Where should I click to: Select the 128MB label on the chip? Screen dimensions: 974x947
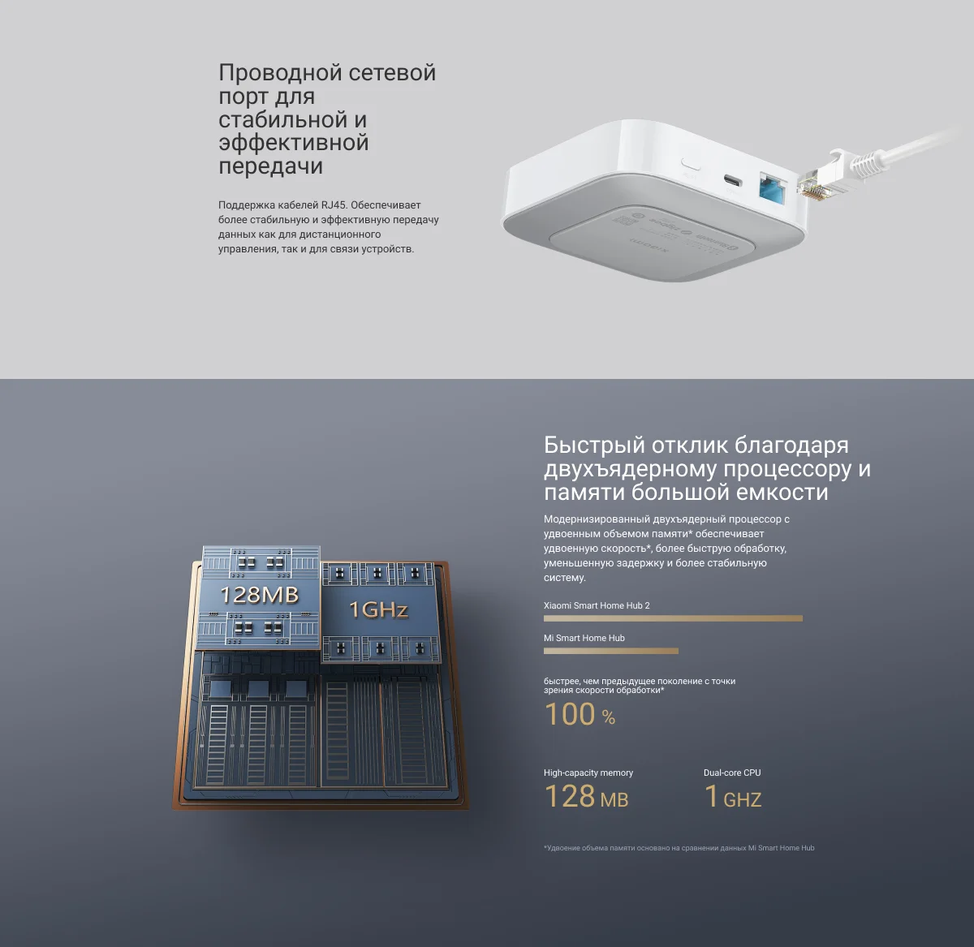click(x=259, y=595)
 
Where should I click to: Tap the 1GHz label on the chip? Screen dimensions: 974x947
click(x=378, y=609)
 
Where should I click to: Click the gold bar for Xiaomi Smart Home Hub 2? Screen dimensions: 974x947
click(x=673, y=618)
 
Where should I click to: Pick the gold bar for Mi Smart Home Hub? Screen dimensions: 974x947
click(x=611, y=651)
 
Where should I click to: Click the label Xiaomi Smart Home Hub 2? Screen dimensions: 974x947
click(x=597, y=605)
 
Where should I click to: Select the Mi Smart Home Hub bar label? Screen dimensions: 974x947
click(x=584, y=638)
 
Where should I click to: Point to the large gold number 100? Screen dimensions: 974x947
click(x=570, y=714)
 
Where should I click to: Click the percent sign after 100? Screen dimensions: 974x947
click(x=609, y=717)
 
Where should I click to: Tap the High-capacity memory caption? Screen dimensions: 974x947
click(x=588, y=773)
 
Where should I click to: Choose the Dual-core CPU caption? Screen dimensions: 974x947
click(x=732, y=773)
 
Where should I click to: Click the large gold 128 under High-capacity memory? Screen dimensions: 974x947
click(x=570, y=796)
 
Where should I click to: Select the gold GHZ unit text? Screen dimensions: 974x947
click(x=742, y=800)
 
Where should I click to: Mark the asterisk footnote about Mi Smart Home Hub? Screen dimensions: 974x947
click(x=679, y=848)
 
